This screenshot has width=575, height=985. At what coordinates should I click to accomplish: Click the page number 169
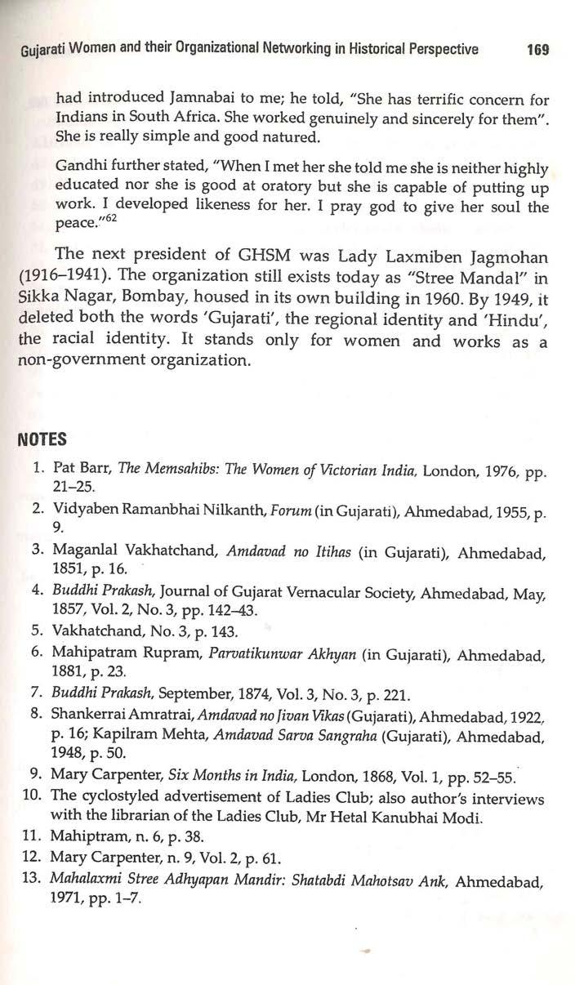(x=537, y=49)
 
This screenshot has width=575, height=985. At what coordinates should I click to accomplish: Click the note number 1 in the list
(x=38, y=470)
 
